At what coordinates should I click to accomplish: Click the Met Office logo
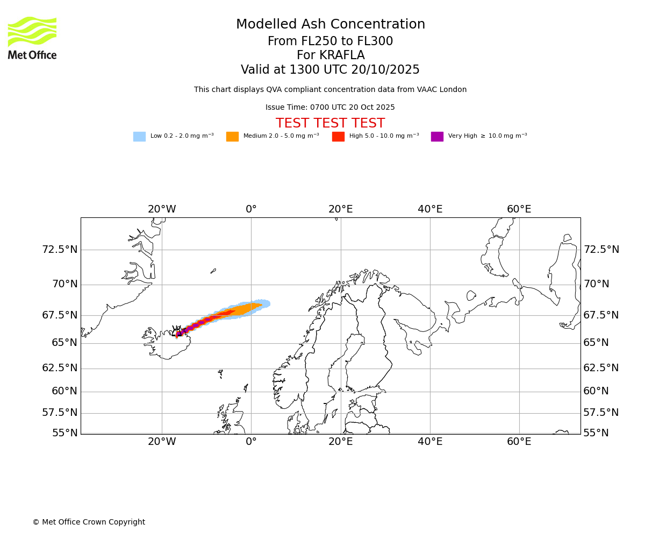[x=32, y=38]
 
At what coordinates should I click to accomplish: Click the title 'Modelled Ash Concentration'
[x=331, y=25]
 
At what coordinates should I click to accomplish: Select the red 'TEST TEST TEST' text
[x=330, y=124]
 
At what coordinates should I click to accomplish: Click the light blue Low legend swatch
[x=139, y=137]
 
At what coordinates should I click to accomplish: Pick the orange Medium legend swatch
[x=232, y=137]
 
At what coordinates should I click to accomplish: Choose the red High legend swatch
[x=338, y=137]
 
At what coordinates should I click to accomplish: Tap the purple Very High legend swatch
[x=437, y=137]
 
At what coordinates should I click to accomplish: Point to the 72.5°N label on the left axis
[x=60, y=250]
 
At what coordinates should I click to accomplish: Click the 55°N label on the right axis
[x=596, y=433]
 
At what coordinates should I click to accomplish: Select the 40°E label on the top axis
[x=430, y=209]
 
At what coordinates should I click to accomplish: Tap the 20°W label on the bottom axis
[x=162, y=442]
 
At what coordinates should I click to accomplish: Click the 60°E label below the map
[x=519, y=442]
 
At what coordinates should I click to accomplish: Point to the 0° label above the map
[x=251, y=209]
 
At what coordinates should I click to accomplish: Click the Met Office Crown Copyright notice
[x=89, y=522]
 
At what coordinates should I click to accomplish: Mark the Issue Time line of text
[x=330, y=108]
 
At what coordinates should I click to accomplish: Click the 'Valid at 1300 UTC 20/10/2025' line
[x=330, y=70]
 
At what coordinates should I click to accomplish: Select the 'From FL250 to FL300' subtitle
[x=330, y=41]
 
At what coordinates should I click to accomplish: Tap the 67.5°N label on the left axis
[x=60, y=315]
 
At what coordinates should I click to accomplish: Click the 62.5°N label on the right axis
[x=601, y=368]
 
